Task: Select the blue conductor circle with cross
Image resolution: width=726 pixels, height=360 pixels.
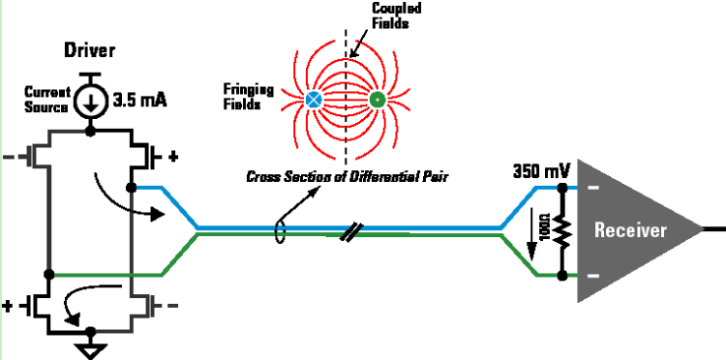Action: click(x=314, y=99)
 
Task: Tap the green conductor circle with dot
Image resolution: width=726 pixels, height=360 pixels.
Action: click(x=376, y=99)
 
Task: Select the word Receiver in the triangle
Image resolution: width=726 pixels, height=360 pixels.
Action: click(x=630, y=230)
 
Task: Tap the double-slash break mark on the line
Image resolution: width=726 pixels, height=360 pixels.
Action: click(x=354, y=232)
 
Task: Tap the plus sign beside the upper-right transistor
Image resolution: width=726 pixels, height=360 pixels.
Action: click(x=175, y=154)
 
